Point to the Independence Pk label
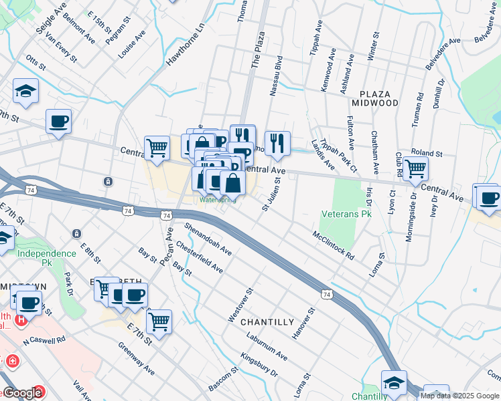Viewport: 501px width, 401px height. [47, 253]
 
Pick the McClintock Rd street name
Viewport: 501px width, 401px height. [332, 245]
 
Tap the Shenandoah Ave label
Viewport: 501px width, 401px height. [208, 239]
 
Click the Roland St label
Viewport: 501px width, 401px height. [427, 154]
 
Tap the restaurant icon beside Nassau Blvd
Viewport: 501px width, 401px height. [277, 142]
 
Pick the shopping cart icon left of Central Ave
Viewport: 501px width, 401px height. [157, 148]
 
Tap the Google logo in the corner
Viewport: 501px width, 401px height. [21, 394]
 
